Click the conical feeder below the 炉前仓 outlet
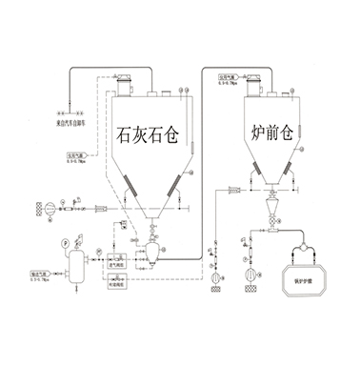pyautogui.click(x=272, y=208)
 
